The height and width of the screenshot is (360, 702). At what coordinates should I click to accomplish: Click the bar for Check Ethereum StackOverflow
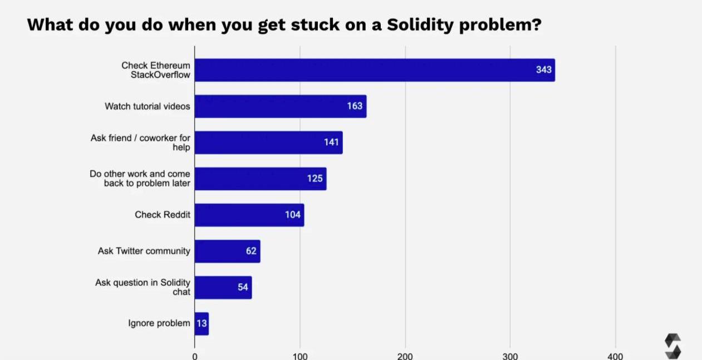point(374,70)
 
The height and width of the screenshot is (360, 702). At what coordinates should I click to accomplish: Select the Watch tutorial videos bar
point(280,106)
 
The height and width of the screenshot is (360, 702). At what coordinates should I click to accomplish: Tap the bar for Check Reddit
point(249,215)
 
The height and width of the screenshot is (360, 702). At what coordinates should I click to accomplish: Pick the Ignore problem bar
point(202,323)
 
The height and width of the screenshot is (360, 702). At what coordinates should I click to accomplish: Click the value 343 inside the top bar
point(543,70)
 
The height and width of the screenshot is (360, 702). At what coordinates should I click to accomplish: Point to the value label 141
point(331,142)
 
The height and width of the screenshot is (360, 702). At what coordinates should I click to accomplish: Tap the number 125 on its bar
point(315,179)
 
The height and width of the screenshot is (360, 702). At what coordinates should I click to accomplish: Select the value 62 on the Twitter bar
point(251,251)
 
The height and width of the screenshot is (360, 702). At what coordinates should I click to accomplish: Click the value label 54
point(243,287)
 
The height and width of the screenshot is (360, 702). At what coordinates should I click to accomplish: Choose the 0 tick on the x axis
point(195,356)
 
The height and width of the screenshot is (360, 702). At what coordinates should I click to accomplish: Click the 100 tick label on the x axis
point(300,356)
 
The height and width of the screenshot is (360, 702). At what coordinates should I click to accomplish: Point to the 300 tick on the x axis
point(510,356)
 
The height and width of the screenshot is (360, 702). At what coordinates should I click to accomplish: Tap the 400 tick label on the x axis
point(615,356)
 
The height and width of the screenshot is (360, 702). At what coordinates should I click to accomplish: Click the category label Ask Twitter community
point(144,251)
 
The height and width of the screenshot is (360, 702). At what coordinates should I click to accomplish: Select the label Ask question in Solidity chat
point(143,287)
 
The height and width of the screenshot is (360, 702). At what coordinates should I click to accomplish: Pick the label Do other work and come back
point(140,179)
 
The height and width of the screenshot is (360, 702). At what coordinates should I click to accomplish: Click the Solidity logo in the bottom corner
point(672,346)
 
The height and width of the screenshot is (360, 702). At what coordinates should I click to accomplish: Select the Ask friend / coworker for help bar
point(268,142)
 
